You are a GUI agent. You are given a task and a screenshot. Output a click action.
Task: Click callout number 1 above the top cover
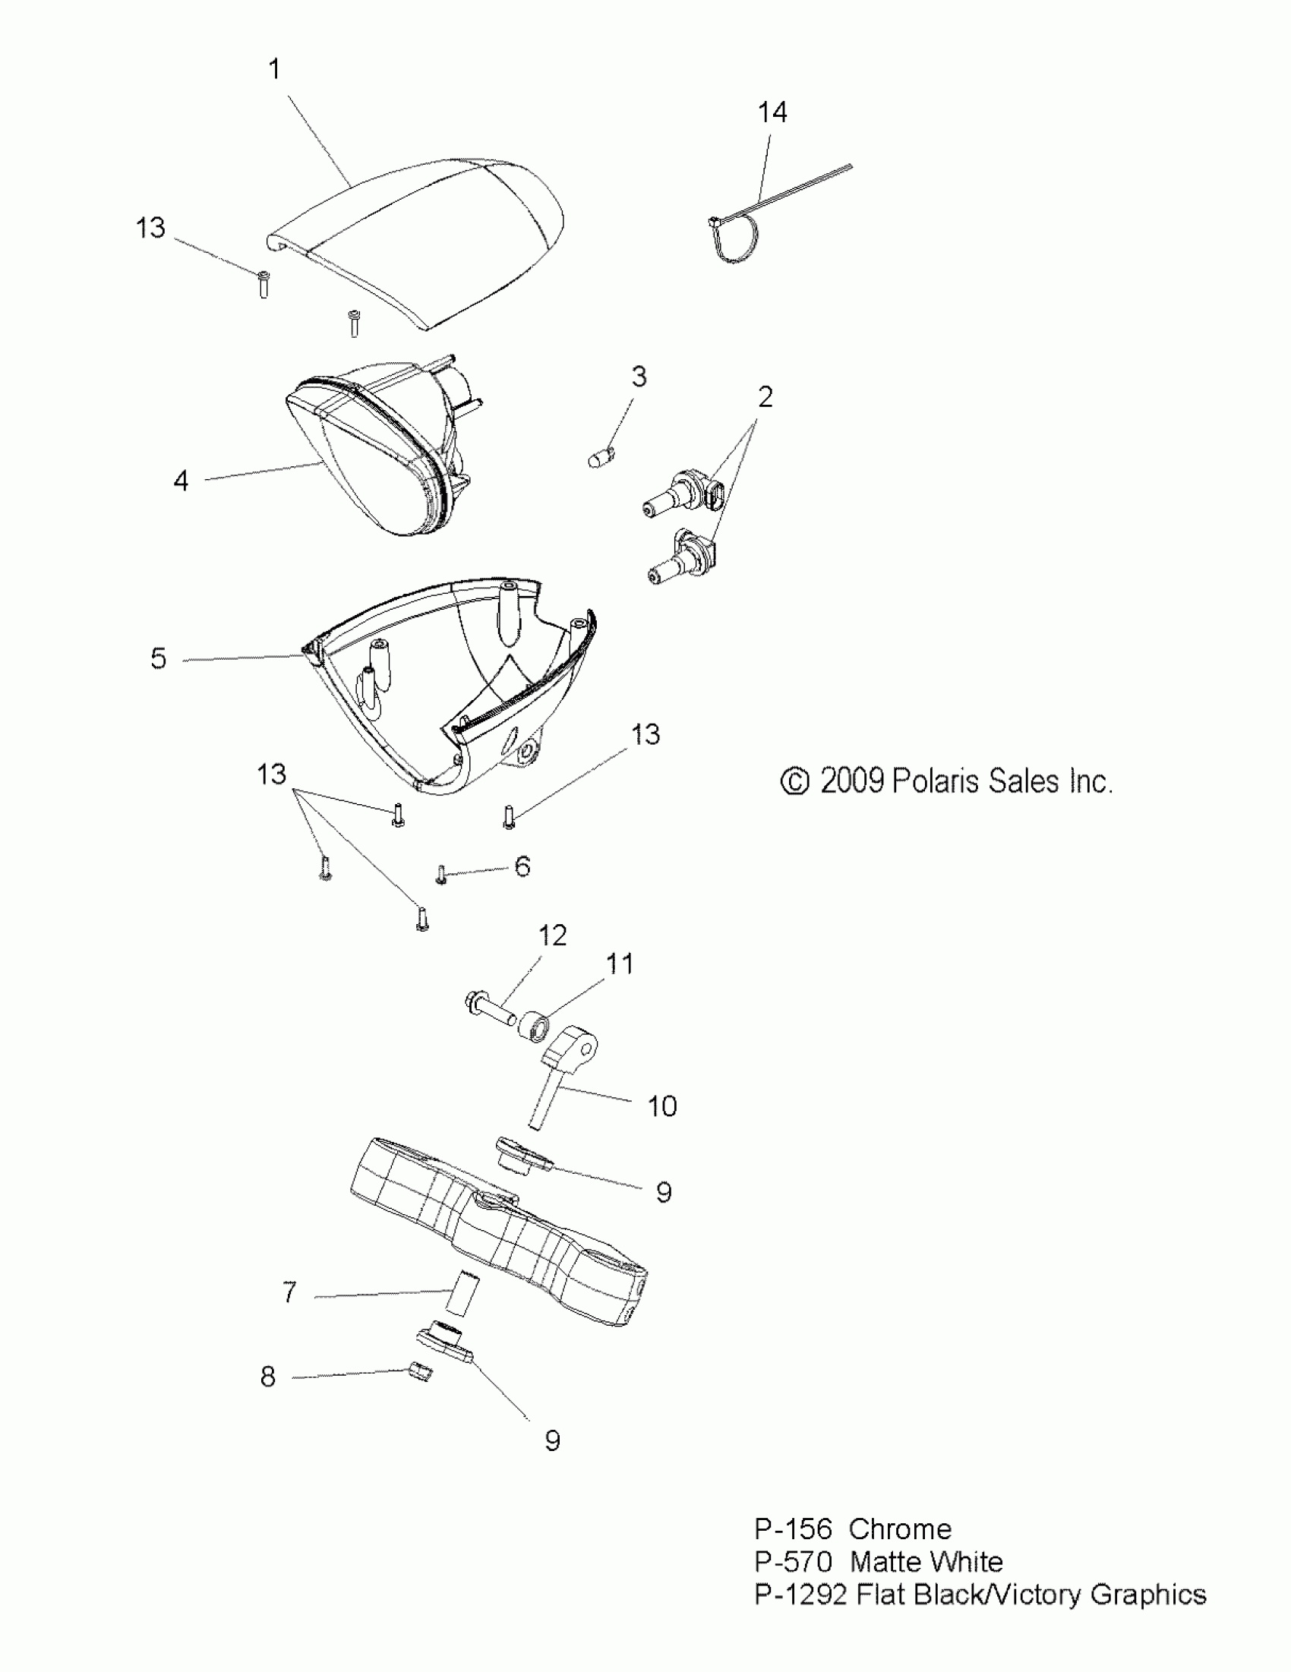click(275, 70)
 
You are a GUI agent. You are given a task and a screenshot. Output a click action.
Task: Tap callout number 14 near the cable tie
click(772, 112)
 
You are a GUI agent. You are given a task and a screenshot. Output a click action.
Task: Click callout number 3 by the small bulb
click(639, 377)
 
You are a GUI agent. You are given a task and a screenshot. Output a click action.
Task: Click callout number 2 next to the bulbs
click(765, 396)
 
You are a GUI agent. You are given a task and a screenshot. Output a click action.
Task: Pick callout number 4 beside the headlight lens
click(181, 481)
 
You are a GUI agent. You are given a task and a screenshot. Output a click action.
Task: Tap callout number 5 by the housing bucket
click(159, 658)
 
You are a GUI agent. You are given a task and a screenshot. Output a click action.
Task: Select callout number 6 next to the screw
click(522, 866)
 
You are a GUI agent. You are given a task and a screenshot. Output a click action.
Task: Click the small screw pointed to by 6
click(441, 874)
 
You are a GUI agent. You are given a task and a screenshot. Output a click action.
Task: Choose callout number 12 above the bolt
click(552, 935)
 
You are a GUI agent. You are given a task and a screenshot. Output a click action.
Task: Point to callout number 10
click(661, 1106)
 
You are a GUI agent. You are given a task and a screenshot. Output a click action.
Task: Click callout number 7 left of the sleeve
click(289, 1293)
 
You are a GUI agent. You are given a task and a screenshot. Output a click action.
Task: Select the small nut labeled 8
click(421, 1373)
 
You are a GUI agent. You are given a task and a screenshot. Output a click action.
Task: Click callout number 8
click(267, 1377)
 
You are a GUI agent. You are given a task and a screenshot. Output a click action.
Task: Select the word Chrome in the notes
click(900, 1528)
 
